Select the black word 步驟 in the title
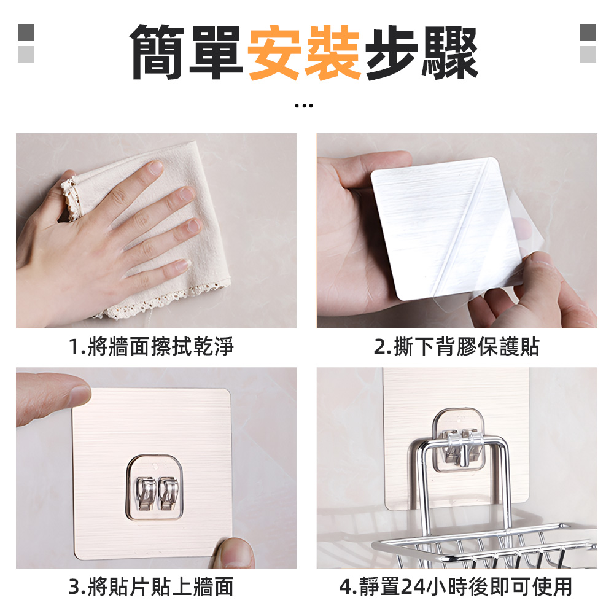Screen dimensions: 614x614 422,52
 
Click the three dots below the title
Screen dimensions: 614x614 304,106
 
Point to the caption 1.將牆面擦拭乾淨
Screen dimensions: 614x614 151,348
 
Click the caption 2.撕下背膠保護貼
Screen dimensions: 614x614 457,348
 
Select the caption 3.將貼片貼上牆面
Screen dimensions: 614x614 151,587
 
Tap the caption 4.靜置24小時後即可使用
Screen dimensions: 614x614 456,587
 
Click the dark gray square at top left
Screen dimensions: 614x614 26,32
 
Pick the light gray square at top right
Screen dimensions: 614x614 588,54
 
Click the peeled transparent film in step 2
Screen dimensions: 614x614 516,246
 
